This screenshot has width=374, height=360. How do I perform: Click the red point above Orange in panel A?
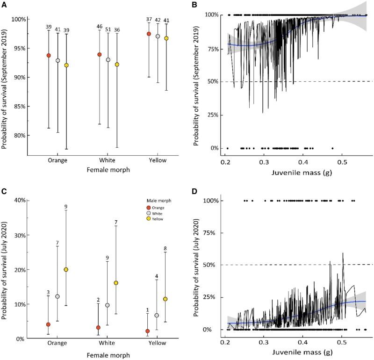pyautogui.click(x=49, y=55)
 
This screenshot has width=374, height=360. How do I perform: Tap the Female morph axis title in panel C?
pyautogui.click(x=101, y=357)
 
